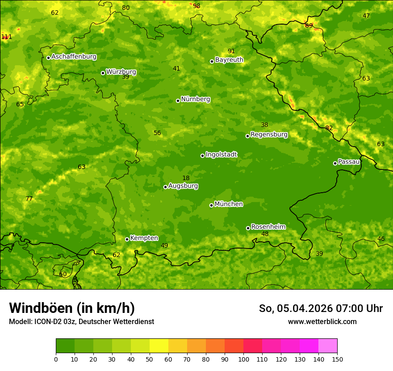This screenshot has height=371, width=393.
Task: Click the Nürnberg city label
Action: point(195,99)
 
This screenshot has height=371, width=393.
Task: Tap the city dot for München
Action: point(211,205)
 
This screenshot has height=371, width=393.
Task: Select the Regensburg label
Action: point(269,135)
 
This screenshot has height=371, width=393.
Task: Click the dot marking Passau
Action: point(335,163)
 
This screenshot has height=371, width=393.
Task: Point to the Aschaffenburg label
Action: point(74,57)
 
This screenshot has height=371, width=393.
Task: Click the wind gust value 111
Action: point(6,37)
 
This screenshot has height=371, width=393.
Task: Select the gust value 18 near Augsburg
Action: point(186,178)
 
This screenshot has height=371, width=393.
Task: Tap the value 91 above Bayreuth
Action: point(231,51)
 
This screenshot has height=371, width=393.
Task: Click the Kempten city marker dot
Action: point(127,239)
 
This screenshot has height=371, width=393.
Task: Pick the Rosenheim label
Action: point(268,227)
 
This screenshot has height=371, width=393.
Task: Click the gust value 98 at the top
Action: point(196,6)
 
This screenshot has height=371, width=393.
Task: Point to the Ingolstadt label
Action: point(221,155)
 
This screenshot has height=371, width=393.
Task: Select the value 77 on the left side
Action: point(29,199)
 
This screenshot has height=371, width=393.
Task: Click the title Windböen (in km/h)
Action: point(72,308)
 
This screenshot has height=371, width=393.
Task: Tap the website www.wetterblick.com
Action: point(322,321)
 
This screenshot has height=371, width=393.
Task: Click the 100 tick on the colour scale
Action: point(243,359)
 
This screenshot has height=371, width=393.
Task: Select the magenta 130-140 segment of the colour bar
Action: point(309,346)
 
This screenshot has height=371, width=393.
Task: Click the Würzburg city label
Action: point(121,72)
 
